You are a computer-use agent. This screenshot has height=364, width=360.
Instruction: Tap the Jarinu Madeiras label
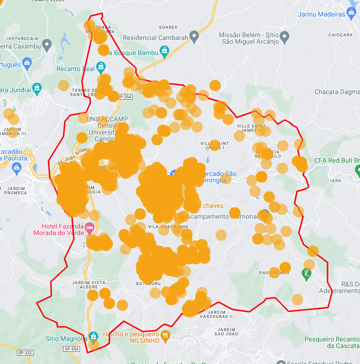(321, 14)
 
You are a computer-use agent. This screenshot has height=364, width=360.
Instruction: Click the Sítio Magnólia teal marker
(94, 336)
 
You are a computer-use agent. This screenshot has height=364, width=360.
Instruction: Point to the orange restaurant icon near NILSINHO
(165, 336)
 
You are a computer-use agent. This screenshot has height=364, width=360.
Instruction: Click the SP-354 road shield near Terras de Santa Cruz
(125, 97)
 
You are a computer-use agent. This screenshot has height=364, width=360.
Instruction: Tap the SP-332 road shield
(25, 352)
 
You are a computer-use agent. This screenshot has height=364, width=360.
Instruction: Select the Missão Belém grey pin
(284, 36)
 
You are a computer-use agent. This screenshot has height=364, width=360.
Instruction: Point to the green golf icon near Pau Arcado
(307, 273)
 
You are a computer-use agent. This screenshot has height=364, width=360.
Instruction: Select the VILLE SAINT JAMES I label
(214, 146)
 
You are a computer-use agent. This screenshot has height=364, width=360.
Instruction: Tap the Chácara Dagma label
(336, 92)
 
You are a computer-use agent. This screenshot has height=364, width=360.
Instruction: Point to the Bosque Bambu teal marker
(164, 51)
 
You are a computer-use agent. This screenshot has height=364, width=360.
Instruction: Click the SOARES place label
(168, 27)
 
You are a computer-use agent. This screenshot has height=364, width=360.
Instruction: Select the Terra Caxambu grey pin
(46, 45)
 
